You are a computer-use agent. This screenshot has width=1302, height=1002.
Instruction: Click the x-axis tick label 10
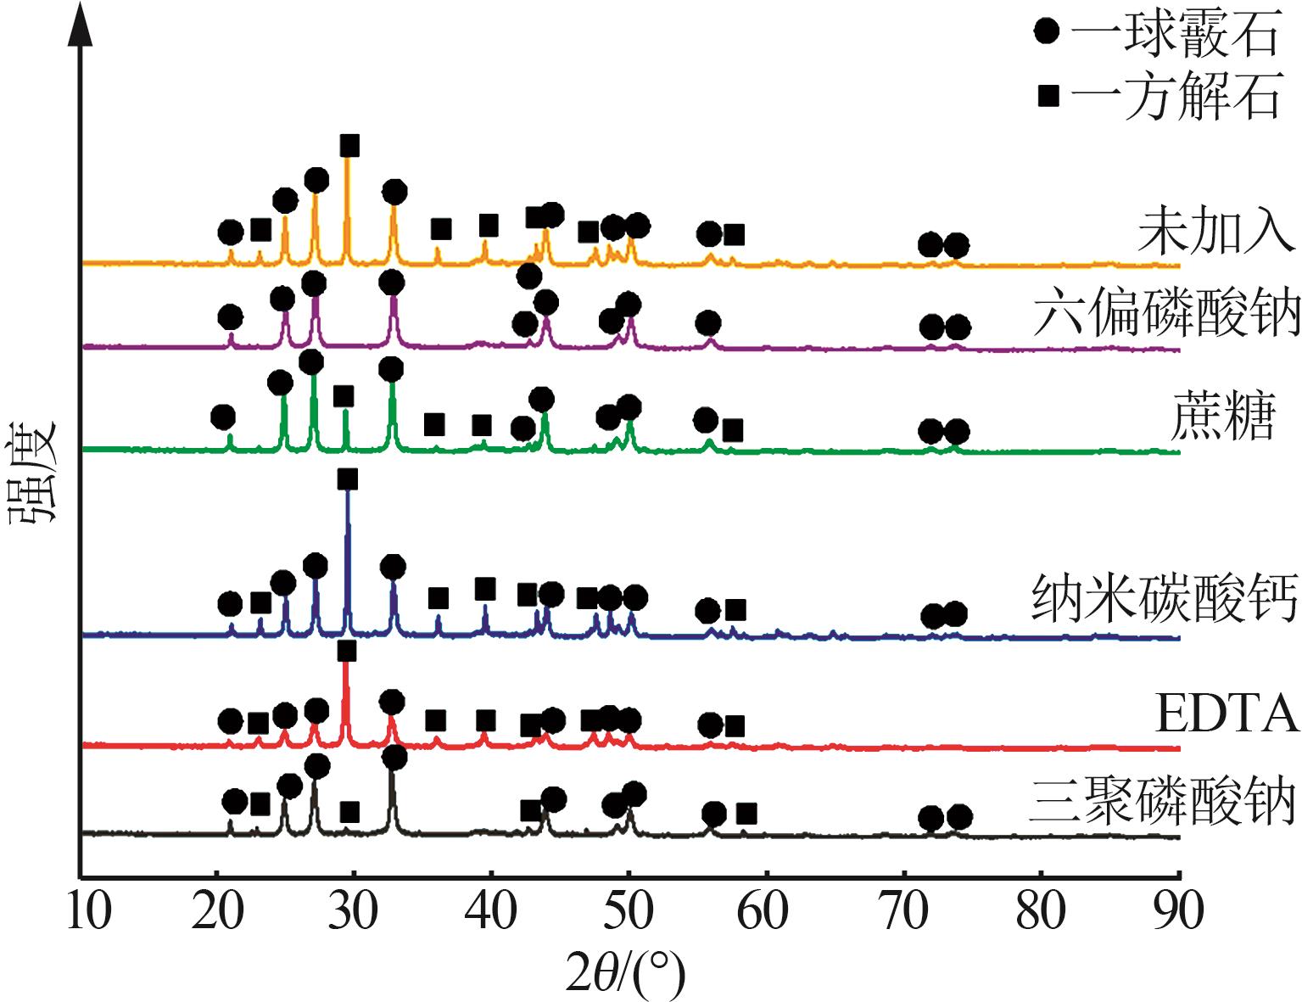(88, 913)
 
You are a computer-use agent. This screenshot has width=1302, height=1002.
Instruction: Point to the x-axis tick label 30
(353, 913)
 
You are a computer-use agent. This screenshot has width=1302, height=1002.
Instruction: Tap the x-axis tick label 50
(628, 913)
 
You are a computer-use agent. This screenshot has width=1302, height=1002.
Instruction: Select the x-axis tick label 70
(904, 913)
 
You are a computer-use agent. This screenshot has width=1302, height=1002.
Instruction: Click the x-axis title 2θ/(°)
(625, 973)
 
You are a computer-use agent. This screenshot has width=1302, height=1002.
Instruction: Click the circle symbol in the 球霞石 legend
(1048, 32)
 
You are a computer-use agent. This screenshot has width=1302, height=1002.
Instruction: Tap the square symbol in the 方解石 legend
(1048, 96)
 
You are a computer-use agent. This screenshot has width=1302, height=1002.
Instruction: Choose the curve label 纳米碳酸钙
(1165, 598)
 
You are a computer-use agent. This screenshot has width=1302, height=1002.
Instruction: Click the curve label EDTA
(1227, 714)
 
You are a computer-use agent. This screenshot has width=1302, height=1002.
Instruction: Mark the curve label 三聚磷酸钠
(1163, 800)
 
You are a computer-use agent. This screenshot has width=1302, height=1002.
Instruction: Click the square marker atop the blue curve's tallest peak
(347, 480)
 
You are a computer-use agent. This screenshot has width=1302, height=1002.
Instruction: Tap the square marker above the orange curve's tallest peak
(349, 146)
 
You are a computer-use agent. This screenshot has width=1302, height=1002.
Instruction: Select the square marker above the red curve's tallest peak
(346, 651)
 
